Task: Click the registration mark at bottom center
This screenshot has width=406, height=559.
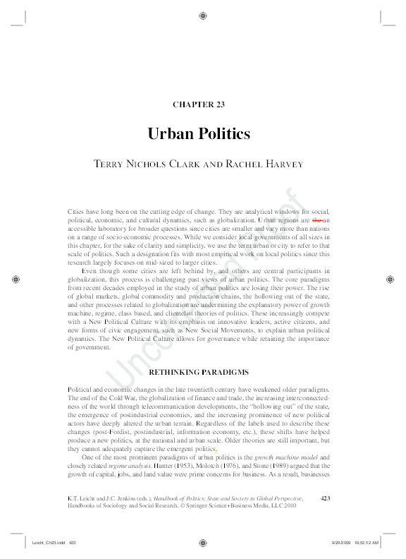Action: tap(203, 543)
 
